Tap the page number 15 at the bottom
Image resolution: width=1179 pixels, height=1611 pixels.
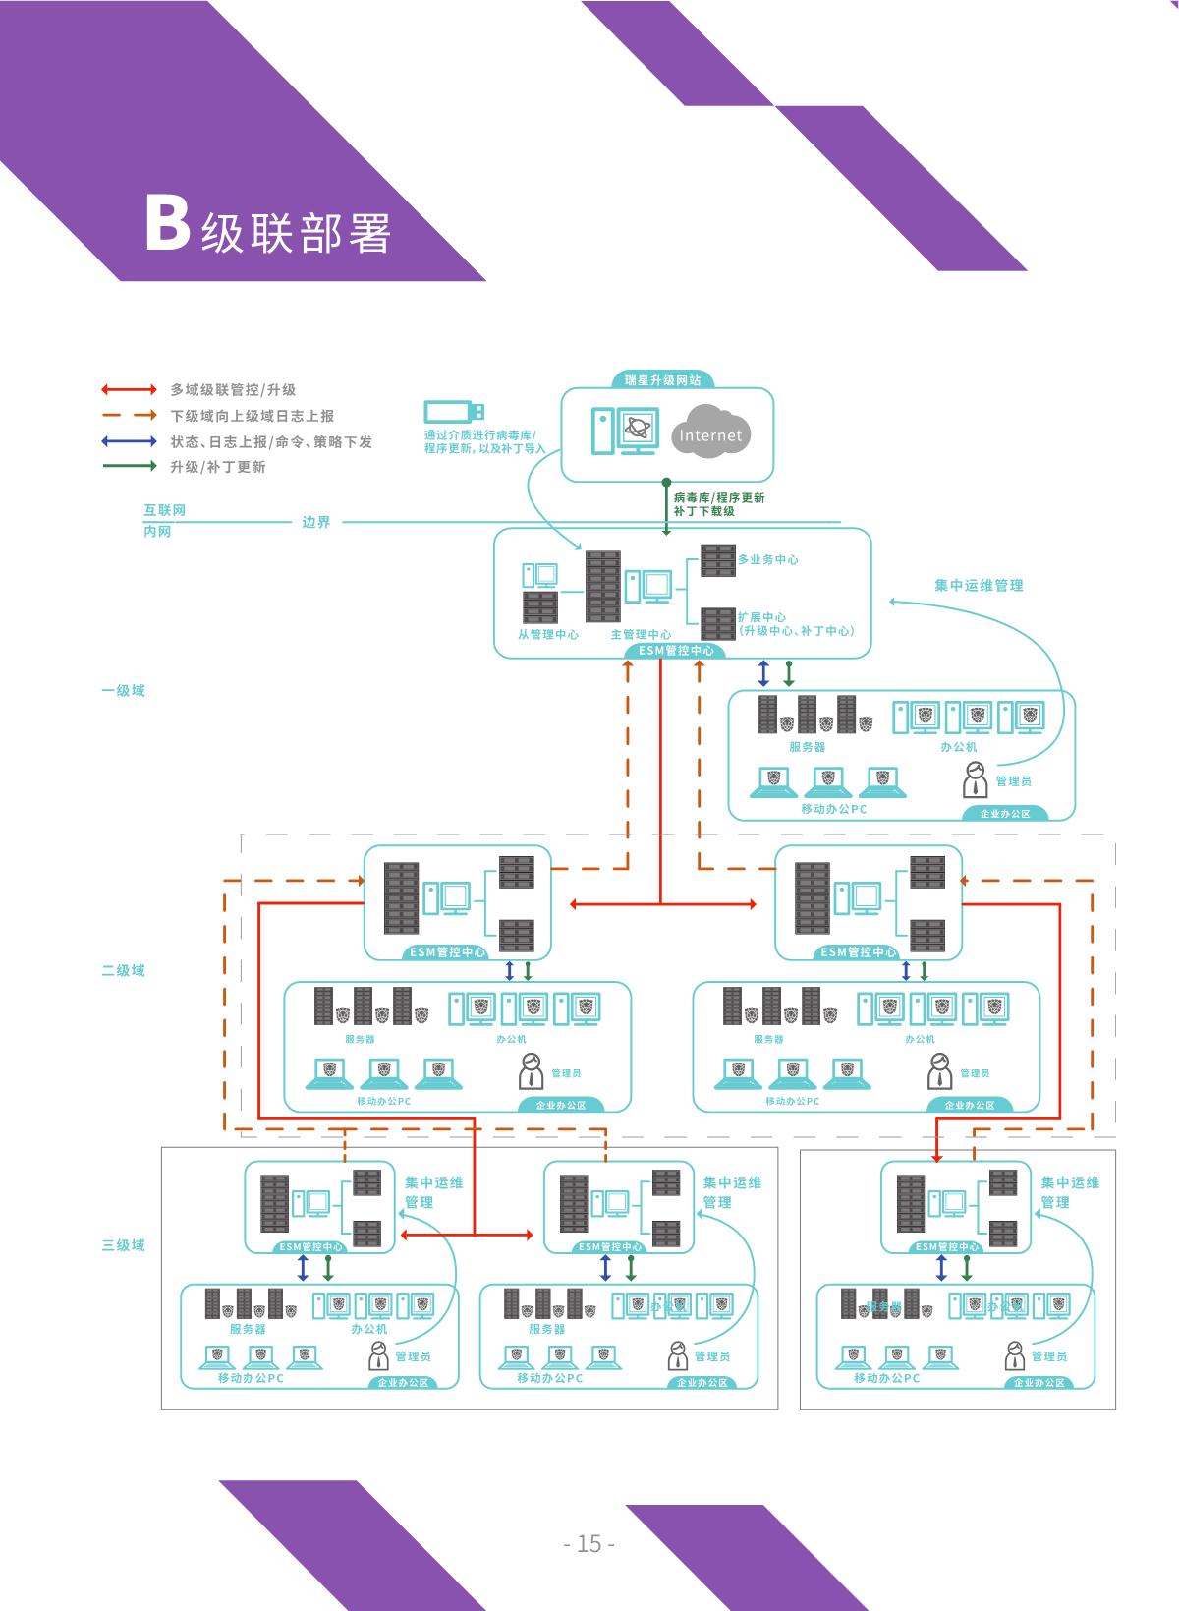(589, 1543)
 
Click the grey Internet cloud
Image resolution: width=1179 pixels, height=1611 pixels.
(710, 433)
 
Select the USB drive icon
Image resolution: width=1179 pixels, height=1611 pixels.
(454, 412)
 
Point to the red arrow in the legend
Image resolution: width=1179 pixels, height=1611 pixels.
(129, 390)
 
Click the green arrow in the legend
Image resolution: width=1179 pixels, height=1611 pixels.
(129, 466)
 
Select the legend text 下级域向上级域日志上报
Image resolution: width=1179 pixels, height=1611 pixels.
(253, 416)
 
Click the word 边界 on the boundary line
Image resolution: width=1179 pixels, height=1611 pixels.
(316, 522)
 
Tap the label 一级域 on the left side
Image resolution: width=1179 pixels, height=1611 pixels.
(123, 690)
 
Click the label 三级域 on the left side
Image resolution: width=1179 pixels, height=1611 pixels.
(123, 1245)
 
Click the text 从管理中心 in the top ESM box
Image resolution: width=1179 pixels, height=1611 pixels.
(548, 634)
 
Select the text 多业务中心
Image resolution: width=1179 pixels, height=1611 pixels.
(767, 559)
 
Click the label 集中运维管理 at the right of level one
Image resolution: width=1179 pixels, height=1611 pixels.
(979, 585)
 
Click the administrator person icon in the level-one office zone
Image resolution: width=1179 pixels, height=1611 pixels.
(974, 780)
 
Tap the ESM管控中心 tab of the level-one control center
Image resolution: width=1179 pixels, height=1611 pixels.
(676, 651)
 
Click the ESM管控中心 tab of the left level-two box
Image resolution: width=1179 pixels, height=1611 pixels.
(446, 952)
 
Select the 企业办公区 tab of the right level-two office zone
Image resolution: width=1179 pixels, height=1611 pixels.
(969, 1105)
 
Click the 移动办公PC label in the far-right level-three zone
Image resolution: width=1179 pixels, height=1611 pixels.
(886, 1378)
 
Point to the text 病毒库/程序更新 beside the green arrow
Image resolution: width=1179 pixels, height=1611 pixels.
(718, 497)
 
